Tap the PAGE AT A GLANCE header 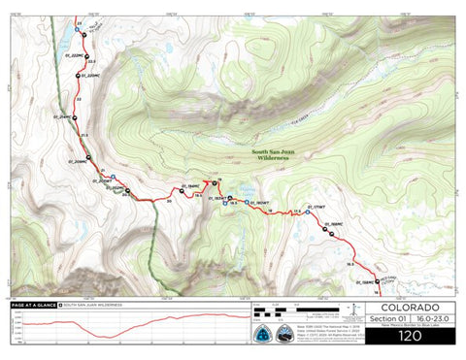pos(33,304)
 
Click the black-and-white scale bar pos(291,311)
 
